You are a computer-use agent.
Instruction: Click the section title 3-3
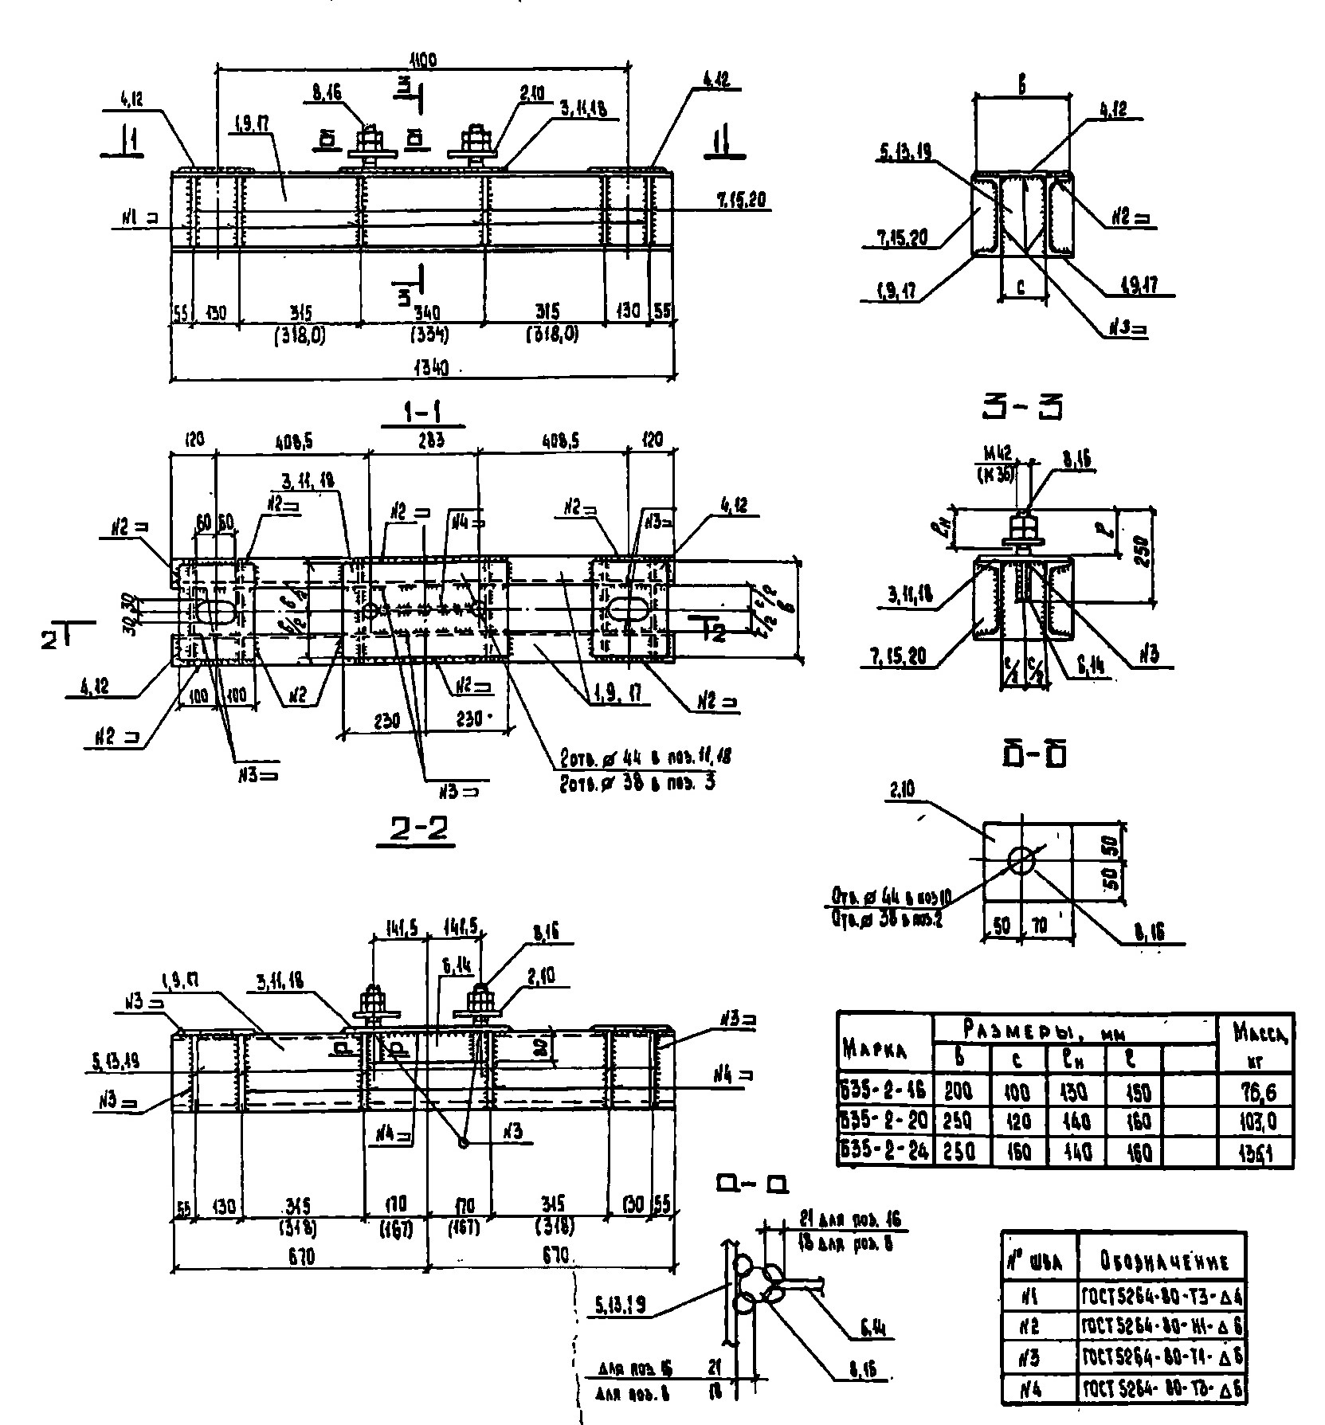1023,407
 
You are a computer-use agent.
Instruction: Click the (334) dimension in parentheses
429,335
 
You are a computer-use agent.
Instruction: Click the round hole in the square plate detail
1022,859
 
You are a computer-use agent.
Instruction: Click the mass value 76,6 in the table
1256,1090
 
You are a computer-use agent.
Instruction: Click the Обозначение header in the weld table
1161,1262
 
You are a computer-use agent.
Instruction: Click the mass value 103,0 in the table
1256,1122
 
